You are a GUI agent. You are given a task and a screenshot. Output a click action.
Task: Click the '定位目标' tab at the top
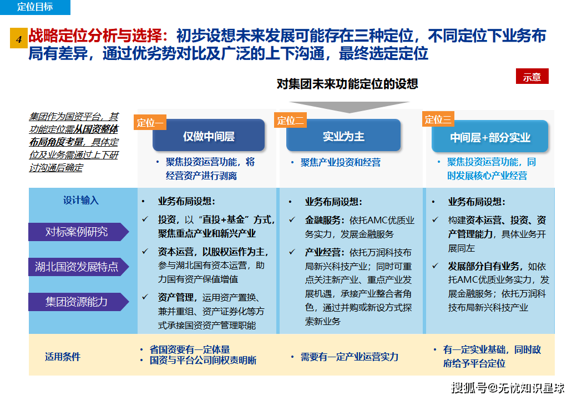coord(35,7)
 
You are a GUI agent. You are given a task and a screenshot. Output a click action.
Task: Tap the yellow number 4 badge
coord(18,39)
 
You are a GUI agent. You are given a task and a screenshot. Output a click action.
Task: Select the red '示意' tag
coord(532,77)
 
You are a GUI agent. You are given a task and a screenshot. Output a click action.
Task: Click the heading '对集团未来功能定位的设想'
coord(347,84)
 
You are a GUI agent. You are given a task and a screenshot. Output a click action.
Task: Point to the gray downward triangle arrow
coord(349,107)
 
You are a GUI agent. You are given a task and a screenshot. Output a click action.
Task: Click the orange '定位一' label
coord(150,122)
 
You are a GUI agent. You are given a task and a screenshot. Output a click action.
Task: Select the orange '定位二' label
coord(290,121)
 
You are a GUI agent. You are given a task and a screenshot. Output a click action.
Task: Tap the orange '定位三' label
coord(438,119)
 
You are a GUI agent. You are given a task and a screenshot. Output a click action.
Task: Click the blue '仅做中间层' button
coord(209,136)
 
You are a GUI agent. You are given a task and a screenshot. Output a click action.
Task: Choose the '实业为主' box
coord(343,136)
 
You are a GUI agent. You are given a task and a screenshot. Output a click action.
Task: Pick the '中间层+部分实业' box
coord(490,137)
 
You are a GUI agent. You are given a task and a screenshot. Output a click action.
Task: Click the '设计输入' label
coord(81,201)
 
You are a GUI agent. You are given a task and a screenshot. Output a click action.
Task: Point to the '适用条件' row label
coord(63,356)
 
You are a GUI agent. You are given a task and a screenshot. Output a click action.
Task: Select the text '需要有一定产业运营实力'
coord(349,357)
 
